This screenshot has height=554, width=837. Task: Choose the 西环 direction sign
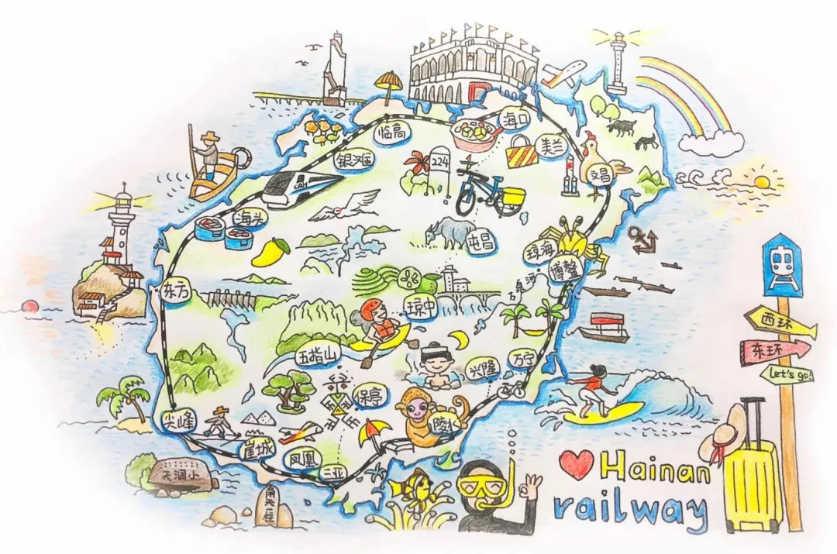pos(777,318)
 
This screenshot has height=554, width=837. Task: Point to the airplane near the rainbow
pos(564,73)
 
